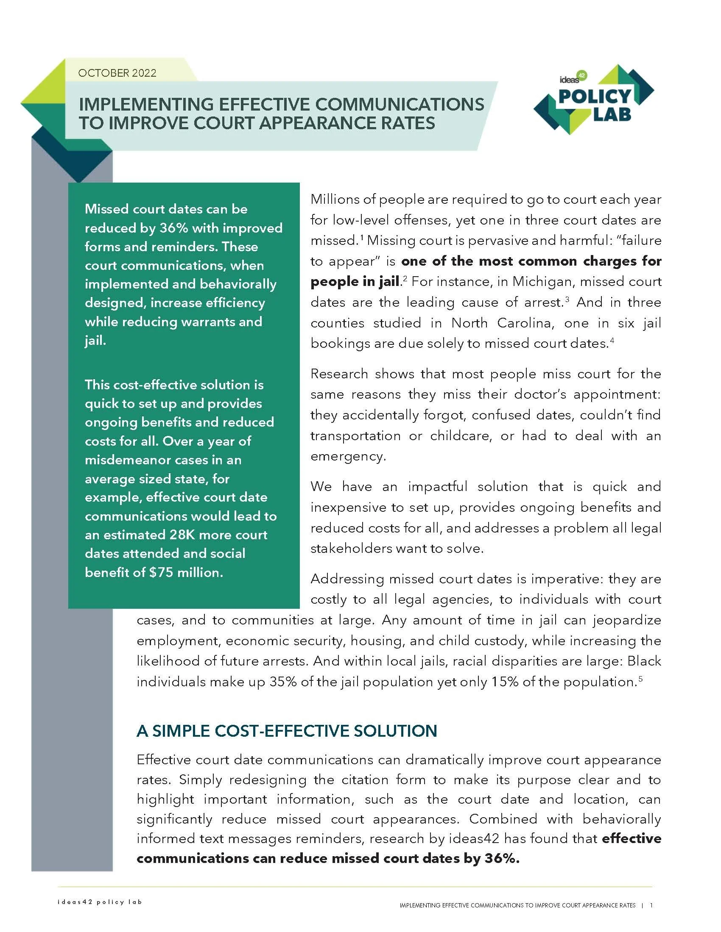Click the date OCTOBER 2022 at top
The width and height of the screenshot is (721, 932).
117,73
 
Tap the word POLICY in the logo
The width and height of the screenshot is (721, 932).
594,97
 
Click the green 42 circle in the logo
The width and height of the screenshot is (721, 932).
582,75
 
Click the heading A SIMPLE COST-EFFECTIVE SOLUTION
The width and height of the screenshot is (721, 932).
287,731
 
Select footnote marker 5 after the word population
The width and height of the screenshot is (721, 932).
641,679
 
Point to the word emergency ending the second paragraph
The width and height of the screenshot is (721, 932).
348,457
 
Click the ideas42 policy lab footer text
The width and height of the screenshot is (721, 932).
100,901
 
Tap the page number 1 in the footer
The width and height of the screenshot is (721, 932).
651,905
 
